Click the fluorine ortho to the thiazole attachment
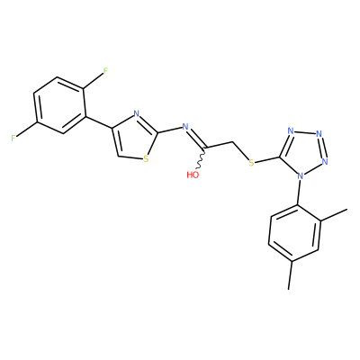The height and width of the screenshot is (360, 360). click(x=105, y=71)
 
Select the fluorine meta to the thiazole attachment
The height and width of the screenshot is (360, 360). click(x=13, y=139)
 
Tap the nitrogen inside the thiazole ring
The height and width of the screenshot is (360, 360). click(x=137, y=114)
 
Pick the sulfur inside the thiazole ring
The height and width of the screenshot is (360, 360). click(x=146, y=158)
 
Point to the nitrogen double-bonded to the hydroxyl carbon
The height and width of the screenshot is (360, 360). click(x=185, y=127)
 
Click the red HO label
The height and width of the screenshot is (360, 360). click(x=193, y=175)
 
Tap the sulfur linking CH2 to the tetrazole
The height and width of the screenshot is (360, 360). click(x=251, y=163)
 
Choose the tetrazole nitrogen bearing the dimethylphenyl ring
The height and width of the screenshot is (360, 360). click(x=300, y=175)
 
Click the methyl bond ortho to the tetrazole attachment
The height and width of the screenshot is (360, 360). click(x=334, y=215)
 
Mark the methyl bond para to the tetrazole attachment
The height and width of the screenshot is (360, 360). click(x=290, y=274)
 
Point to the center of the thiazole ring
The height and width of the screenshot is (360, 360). click(x=134, y=139)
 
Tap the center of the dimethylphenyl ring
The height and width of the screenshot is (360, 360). click(x=295, y=232)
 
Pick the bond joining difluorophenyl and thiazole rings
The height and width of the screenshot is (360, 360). click(x=99, y=122)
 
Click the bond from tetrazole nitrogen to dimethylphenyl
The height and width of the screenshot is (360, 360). click(x=299, y=193)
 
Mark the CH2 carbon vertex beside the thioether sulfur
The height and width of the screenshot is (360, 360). click(x=232, y=141)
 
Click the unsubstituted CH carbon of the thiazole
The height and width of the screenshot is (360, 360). click(x=119, y=156)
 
